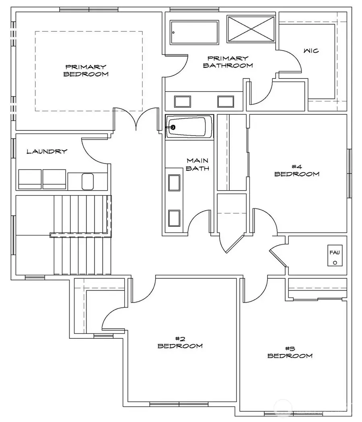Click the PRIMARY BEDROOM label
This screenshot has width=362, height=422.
[86, 70]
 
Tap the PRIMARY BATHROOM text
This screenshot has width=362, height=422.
[228, 62]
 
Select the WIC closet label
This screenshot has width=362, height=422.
[311, 51]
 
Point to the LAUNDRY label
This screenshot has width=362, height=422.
[47, 152]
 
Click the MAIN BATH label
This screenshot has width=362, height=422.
[197, 165]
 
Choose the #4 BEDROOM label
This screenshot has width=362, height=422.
[297, 170]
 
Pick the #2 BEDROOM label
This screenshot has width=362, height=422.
[180, 342]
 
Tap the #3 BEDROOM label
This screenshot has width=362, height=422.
[290, 352]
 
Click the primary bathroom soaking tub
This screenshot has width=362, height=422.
[194, 32]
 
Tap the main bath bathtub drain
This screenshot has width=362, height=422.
[173, 127]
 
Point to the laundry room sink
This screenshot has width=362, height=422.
[88, 181]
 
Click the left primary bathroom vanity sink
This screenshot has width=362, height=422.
[183, 101]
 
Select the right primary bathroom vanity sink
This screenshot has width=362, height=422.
[226, 101]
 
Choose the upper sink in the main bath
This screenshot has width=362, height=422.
[174, 183]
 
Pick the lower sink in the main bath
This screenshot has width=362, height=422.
[174, 218]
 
